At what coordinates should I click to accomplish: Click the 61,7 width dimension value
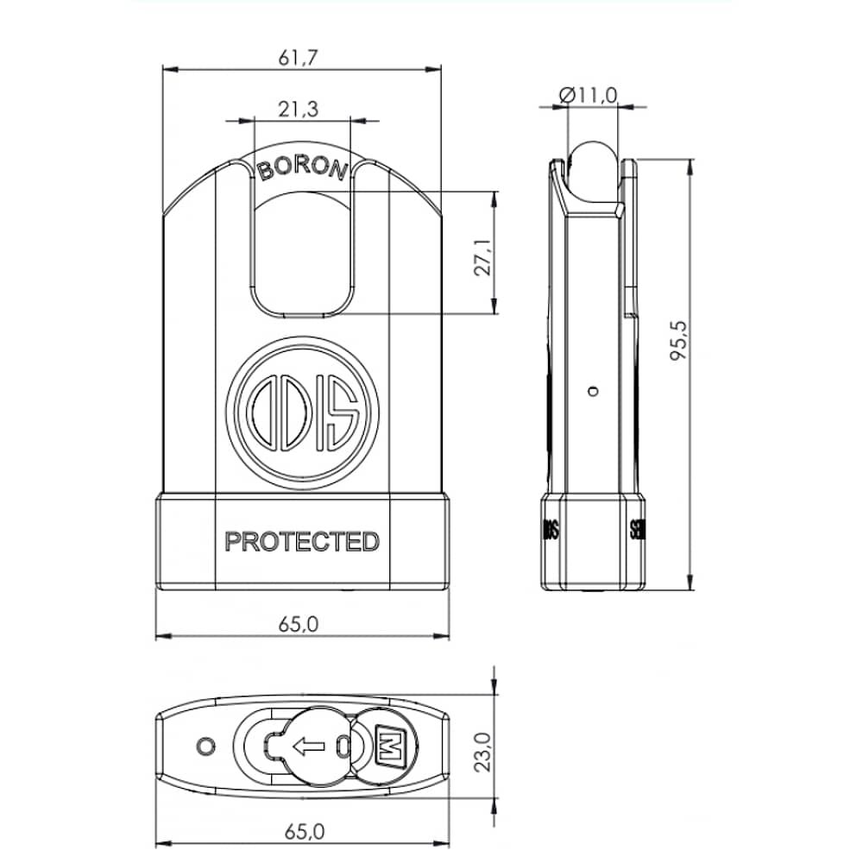click(300, 58)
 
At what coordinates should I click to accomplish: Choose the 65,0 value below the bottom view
click(303, 831)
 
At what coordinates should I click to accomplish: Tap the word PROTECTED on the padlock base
click(302, 542)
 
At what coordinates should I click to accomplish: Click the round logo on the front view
click(304, 412)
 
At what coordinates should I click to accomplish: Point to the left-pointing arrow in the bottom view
click(307, 745)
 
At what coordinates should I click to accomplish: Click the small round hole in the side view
click(591, 391)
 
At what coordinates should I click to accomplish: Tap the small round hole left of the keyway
click(205, 744)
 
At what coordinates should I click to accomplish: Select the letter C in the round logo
click(261, 413)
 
